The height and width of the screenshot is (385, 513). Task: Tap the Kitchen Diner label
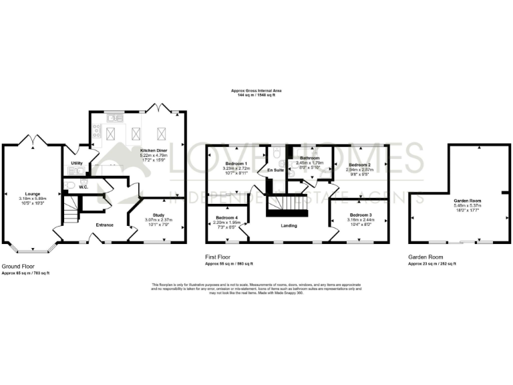152,151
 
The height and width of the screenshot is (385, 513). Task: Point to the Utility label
76,163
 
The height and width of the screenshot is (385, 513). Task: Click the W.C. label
83,187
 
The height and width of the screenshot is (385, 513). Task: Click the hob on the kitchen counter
97,132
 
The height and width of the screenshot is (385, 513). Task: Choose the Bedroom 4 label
226,218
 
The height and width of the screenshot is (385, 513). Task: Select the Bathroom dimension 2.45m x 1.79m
311,162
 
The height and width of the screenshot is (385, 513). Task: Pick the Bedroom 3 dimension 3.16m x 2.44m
359,219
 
